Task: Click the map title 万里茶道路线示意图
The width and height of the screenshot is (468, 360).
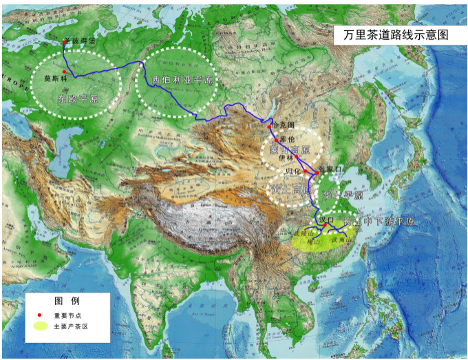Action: pyautogui.click(x=390, y=35)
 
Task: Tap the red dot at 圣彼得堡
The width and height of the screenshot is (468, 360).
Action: pyautogui.click(x=65, y=42)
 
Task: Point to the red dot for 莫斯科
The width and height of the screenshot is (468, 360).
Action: pyautogui.click(x=64, y=72)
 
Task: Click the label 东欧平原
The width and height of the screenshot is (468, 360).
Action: pyautogui.click(x=78, y=98)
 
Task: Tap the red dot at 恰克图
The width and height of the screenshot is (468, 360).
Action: pyautogui.click(x=270, y=127)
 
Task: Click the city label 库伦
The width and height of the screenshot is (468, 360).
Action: pyautogui.click(x=288, y=139)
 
